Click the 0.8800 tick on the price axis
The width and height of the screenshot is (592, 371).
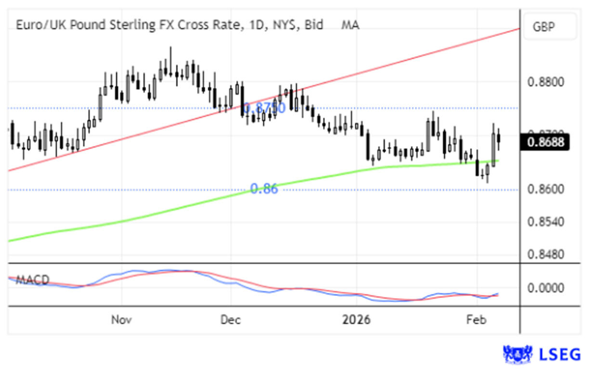(x=545, y=82)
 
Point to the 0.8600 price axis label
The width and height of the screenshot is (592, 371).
(x=545, y=189)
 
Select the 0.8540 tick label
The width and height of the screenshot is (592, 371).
(x=545, y=222)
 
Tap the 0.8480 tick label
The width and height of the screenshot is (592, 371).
(x=545, y=253)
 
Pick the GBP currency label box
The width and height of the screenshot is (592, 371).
(x=549, y=27)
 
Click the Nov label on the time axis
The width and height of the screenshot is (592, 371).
(x=121, y=320)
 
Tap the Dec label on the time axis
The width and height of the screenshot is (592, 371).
(x=231, y=320)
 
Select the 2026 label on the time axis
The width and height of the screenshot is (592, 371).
(x=357, y=320)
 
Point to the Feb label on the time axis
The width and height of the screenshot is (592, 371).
(x=477, y=320)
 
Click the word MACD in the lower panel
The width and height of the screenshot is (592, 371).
(x=33, y=280)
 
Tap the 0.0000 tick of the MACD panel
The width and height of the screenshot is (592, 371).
(x=545, y=288)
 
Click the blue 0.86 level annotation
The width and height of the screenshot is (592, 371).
(x=264, y=189)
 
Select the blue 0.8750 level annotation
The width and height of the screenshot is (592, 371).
(x=264, y=108)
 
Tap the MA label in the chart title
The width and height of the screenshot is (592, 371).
(x=350, y=25)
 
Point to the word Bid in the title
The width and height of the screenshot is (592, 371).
(x=313, y=25)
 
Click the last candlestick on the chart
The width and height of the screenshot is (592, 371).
(x=499, y=138)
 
